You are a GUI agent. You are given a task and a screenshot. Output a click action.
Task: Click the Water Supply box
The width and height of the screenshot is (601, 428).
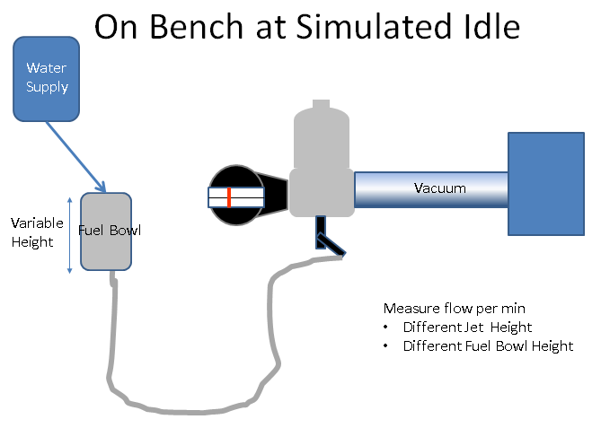pos(47,79)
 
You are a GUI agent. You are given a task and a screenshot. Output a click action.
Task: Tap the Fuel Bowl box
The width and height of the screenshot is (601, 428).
pos(106,231)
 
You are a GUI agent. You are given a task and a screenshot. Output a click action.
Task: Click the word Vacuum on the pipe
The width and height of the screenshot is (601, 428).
pos(440,188)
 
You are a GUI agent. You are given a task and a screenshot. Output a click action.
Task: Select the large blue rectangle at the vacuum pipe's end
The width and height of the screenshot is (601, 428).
pos(546,184)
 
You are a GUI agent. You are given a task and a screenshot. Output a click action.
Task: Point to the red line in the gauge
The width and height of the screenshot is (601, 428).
pos(229,197)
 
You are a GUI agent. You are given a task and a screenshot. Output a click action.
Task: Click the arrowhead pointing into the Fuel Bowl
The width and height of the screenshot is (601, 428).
pos(102,187)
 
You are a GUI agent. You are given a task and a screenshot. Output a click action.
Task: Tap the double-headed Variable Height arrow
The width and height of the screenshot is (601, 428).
pos(70,235)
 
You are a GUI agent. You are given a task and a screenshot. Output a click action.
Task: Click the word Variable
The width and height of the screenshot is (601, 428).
pos(37,223)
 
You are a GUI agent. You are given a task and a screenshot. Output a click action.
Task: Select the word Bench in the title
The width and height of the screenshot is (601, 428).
pos(196,27)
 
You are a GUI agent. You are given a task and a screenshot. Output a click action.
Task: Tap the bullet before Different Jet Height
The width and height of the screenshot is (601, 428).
pos(385,328)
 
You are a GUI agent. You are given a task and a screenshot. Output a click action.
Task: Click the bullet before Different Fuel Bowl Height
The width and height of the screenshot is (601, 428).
pos(385,346)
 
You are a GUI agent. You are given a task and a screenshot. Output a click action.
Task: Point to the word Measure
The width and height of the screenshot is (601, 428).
pos(411,308)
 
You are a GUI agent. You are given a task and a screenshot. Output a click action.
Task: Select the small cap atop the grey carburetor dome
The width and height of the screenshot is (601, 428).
pos(322,104)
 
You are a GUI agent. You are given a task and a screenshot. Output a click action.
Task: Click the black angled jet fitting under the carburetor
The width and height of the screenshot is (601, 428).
pos(327,240)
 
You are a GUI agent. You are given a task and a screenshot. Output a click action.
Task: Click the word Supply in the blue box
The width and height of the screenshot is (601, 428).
pos(47,87)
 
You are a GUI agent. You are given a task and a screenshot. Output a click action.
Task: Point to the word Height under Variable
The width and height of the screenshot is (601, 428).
pos(32,242)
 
